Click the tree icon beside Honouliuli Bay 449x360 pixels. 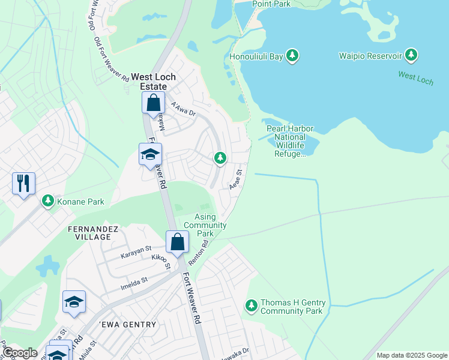[292, 56]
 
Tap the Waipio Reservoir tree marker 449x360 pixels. [411, 56]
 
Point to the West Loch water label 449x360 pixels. [415, 77]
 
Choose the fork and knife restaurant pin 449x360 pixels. [24, 183]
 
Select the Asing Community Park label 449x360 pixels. [205, 225]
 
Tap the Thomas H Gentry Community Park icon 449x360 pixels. [252, 307]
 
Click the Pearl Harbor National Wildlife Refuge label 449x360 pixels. [290, 140]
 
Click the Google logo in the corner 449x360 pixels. [19, 353]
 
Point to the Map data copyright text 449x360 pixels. [412, 355]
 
